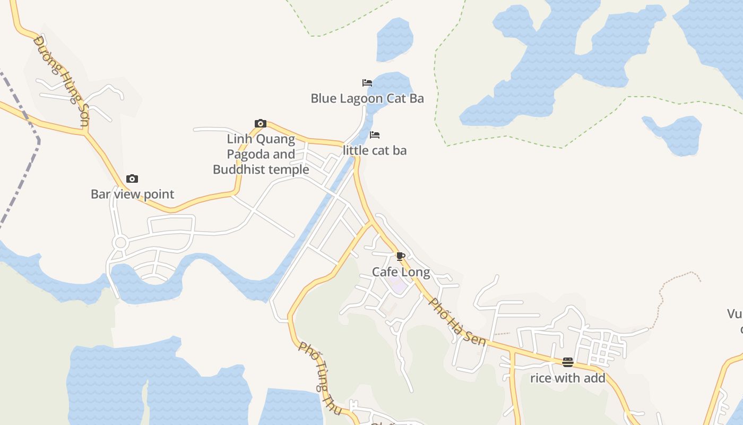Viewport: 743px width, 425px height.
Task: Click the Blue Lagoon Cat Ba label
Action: (367, 98)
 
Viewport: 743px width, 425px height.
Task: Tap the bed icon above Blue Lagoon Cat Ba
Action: (367, 82)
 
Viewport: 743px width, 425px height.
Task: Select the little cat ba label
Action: (375, 150)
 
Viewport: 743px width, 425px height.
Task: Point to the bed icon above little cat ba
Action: (375, 135)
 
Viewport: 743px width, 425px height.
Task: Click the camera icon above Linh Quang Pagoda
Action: (260, 124)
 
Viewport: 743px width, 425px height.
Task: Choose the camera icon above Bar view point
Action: (132, 179)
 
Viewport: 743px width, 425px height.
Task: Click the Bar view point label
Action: (132, 194)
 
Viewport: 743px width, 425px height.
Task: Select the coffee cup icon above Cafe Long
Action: (401, 257)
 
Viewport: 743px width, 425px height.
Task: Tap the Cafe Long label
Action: (401, 272)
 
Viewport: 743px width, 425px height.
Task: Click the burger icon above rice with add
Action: (568, 362)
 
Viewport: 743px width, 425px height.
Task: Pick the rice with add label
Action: (568, 378)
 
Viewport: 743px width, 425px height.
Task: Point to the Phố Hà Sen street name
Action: (457, 322)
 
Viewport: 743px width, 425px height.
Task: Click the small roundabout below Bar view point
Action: (120, 243)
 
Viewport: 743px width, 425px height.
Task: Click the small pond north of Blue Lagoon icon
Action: (395, 40)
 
